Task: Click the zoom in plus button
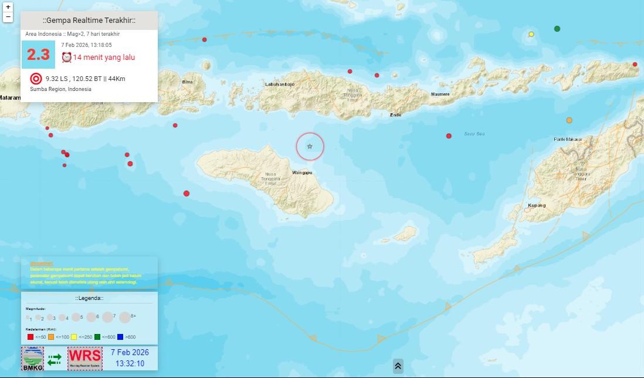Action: (8, 7)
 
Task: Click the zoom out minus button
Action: (8, 17)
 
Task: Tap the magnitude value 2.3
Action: (38, 55)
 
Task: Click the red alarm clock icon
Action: (67, 57)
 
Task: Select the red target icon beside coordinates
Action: (36, 79)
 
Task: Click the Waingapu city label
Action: (301, 173)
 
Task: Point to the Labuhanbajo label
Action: (280, 85)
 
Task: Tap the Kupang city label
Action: (537, 205)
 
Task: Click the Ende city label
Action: (396, 115)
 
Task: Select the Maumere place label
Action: (440, 94)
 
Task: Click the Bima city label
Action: (188, 82)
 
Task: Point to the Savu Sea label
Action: (474, 134)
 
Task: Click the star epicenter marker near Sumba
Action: (310, 146)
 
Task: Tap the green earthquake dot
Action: (557, 28)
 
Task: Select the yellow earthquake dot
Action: (531, 34)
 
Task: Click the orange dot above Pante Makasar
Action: (569, 120)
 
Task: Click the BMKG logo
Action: (33, 359)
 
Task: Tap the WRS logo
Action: (84, 358)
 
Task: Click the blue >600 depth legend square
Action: (121, 337)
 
